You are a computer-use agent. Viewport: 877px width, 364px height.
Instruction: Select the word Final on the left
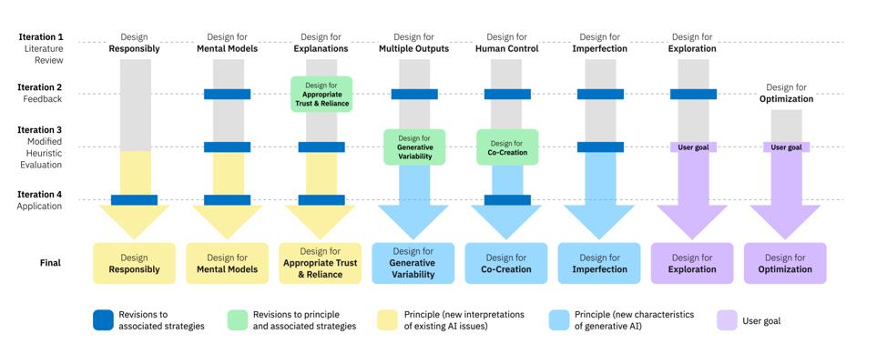click(x=50, y=263)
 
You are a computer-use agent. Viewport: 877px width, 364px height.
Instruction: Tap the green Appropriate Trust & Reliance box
click(x=321, y=94)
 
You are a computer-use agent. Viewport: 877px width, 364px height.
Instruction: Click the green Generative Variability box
click(x=414, y=147)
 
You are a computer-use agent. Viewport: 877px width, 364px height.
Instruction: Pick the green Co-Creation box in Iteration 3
click(x=507, y=147)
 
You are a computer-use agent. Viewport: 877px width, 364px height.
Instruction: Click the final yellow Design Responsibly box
click(x=134, y=263)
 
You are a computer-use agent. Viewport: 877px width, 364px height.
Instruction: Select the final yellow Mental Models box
click(x=227, y=263)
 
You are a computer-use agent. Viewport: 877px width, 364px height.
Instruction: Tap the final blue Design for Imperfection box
click(x=599, y=263)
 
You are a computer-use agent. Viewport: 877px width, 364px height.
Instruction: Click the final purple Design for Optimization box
click(x=785, y=263)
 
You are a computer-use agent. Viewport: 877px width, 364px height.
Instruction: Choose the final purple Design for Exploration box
click(x=692, y=263)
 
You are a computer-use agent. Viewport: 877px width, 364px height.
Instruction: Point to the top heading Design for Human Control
click(x=507, y=43)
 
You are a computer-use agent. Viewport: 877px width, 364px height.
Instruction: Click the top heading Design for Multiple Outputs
click(x=414, y=43)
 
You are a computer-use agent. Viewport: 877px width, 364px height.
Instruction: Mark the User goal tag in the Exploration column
click(x=693, y=147)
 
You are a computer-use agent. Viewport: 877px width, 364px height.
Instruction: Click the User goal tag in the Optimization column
click(x=786, y=147)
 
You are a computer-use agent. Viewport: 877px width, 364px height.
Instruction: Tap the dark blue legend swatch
click(x=104, y=319)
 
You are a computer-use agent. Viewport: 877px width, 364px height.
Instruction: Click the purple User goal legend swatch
click(x=726, y=319)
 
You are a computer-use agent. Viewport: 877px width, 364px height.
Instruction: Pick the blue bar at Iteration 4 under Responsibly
click(x=134, y=200)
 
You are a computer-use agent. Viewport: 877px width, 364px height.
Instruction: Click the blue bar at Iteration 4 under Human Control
click(x=507, y=200)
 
